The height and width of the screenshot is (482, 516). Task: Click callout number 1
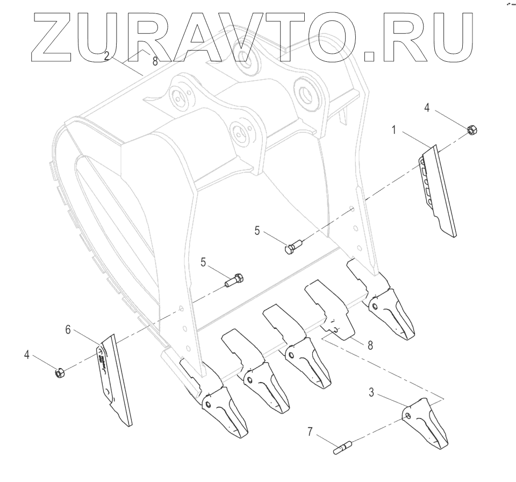(x=394, y=131)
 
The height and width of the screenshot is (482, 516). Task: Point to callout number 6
(x=68, y=329)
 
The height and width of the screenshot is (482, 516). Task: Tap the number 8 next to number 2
(x=155, y=61)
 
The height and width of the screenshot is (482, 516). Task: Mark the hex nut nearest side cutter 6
(x=60, y=372)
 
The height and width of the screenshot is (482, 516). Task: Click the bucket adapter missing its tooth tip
(x=329, y=312)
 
